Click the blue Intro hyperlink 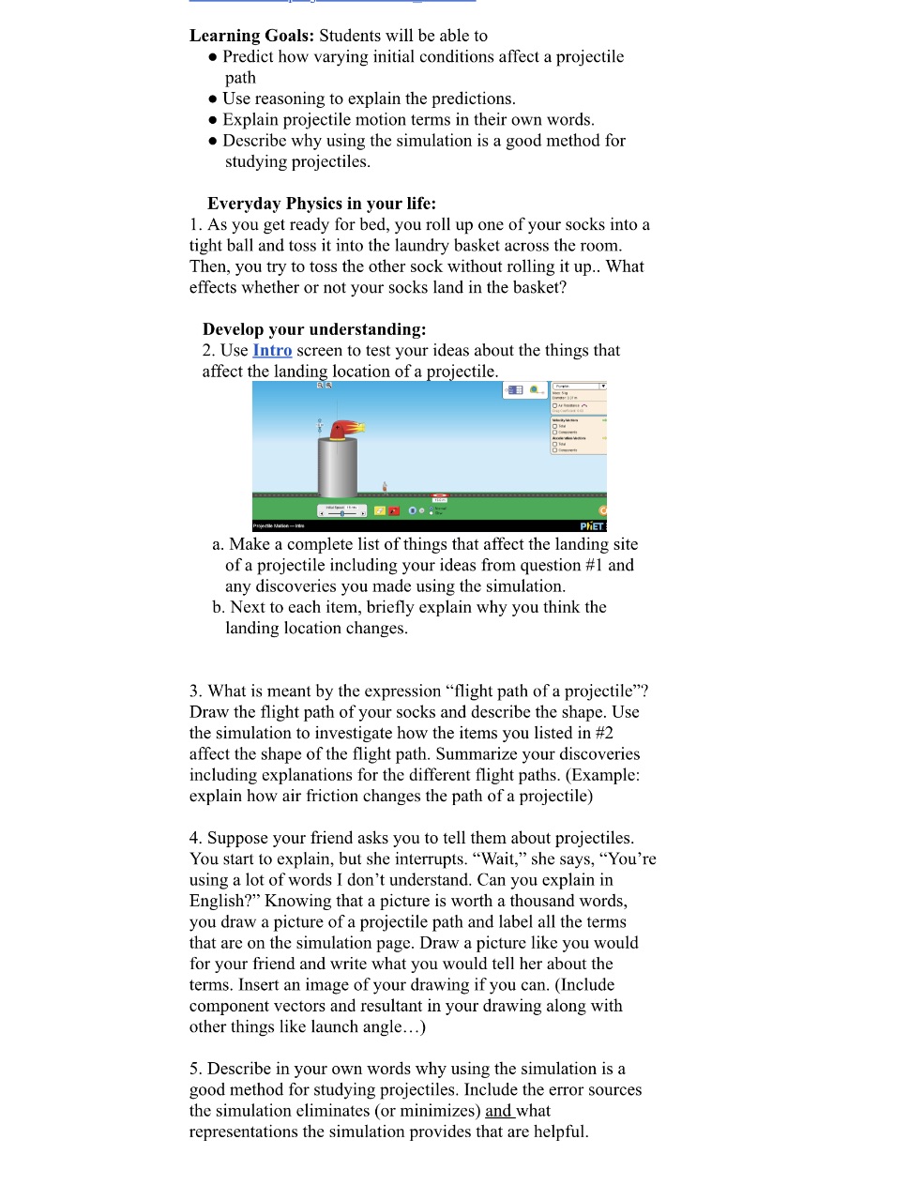[x=272, y=351]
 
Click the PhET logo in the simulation [x=592, y=526]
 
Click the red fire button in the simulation [x=395, y=510]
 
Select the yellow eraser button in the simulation [x=380, y=510]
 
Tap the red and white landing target [x=439, y=496]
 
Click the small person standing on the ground [x=385, y=487]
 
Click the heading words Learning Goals [x=251, y=36]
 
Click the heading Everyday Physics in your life [x=322, y=204]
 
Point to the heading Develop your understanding [x=314, y=329]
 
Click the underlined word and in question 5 [x=498, y=1111]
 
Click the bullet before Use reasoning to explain [x=213, y=99]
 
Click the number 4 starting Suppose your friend [x=194, y=838]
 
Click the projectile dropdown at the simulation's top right [x=579, y=386]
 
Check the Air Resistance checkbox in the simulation [x=554, y=405]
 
